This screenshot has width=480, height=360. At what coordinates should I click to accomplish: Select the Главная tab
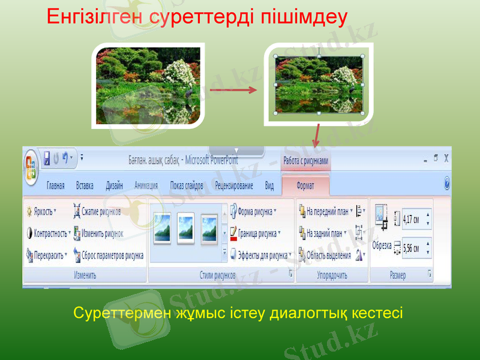tap(56, 186)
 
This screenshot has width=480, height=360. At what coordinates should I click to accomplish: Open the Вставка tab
tap(85, 186)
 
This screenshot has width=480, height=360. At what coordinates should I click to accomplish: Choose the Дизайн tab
tap(115, 186)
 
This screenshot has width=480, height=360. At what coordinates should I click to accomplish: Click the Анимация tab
tap(146, 186)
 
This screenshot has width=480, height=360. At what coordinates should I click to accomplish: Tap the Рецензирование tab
tap(234, 186)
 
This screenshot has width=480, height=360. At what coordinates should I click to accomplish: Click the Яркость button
tap(41, 211)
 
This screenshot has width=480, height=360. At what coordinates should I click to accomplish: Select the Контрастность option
tap(49, 233)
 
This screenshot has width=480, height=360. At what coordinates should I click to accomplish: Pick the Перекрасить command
tap(46, 255)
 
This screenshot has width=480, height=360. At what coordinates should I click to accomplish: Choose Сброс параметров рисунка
tap(108, 255)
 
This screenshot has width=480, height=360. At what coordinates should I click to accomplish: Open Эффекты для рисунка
tap(261, 255)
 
